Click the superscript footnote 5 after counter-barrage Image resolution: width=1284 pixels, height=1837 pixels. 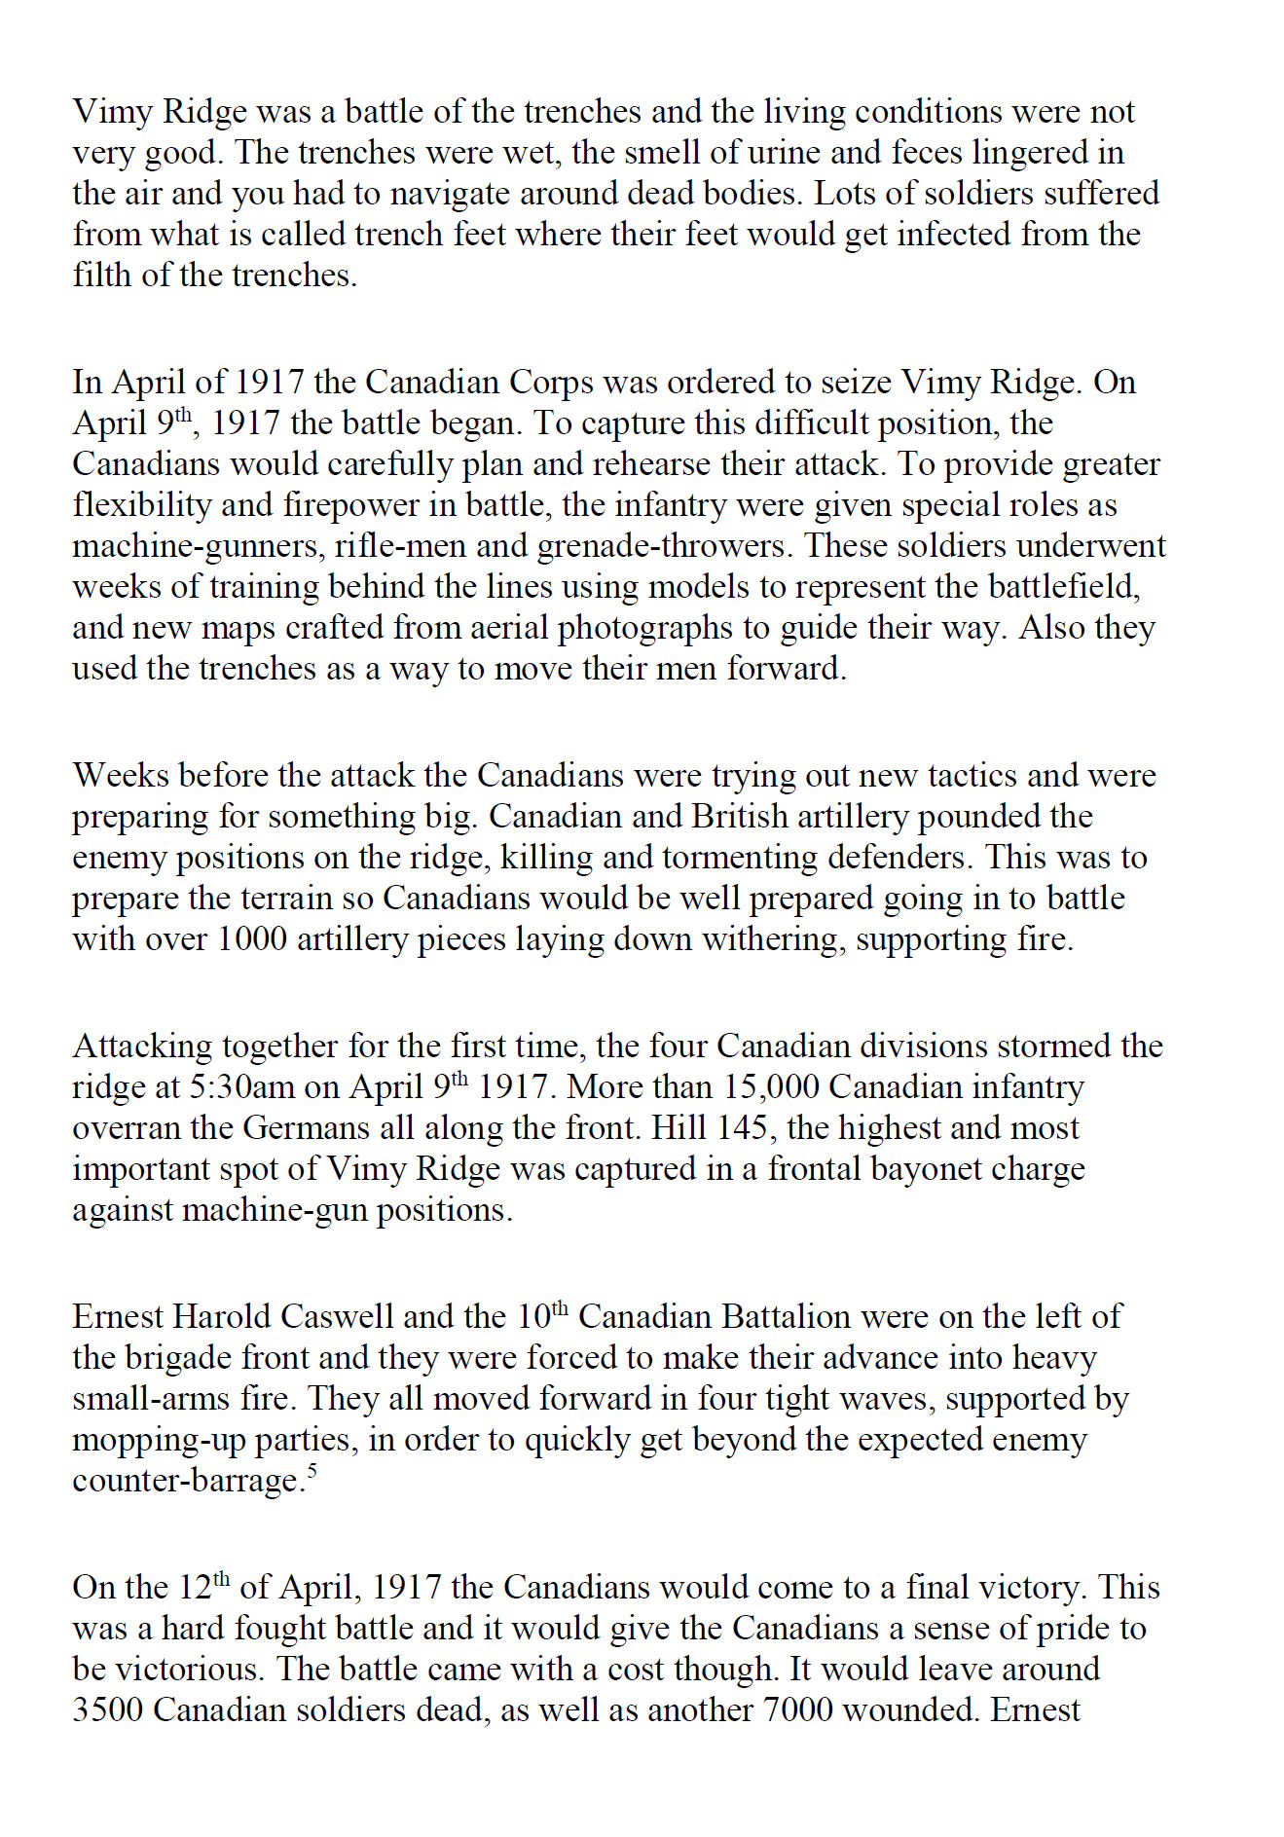point(312,1470)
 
